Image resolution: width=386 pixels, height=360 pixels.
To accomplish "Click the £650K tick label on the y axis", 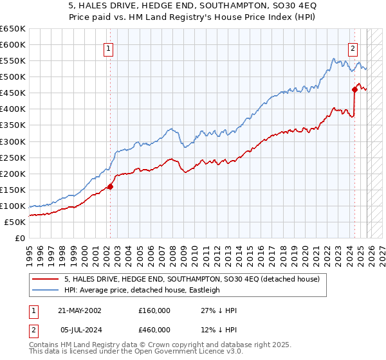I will pos(13,29).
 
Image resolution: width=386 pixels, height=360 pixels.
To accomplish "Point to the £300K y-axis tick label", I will pos(13,141).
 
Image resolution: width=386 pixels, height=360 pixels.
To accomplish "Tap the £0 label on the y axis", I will pos(20,239).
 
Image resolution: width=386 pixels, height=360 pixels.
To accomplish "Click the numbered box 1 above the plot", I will pos(109,48).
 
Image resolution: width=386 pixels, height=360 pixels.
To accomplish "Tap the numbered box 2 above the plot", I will pos(353,48).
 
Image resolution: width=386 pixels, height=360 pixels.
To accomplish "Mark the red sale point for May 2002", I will pos(110,187).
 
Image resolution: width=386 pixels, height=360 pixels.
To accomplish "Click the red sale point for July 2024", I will pos(354,90).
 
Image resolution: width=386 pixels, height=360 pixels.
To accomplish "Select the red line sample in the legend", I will pos(46,280).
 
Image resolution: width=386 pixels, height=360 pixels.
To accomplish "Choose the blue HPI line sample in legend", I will pos(46,290).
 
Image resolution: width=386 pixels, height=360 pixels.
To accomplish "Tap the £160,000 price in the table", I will pos(154,310).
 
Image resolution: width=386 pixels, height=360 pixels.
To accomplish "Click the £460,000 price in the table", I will pos(154,330).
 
